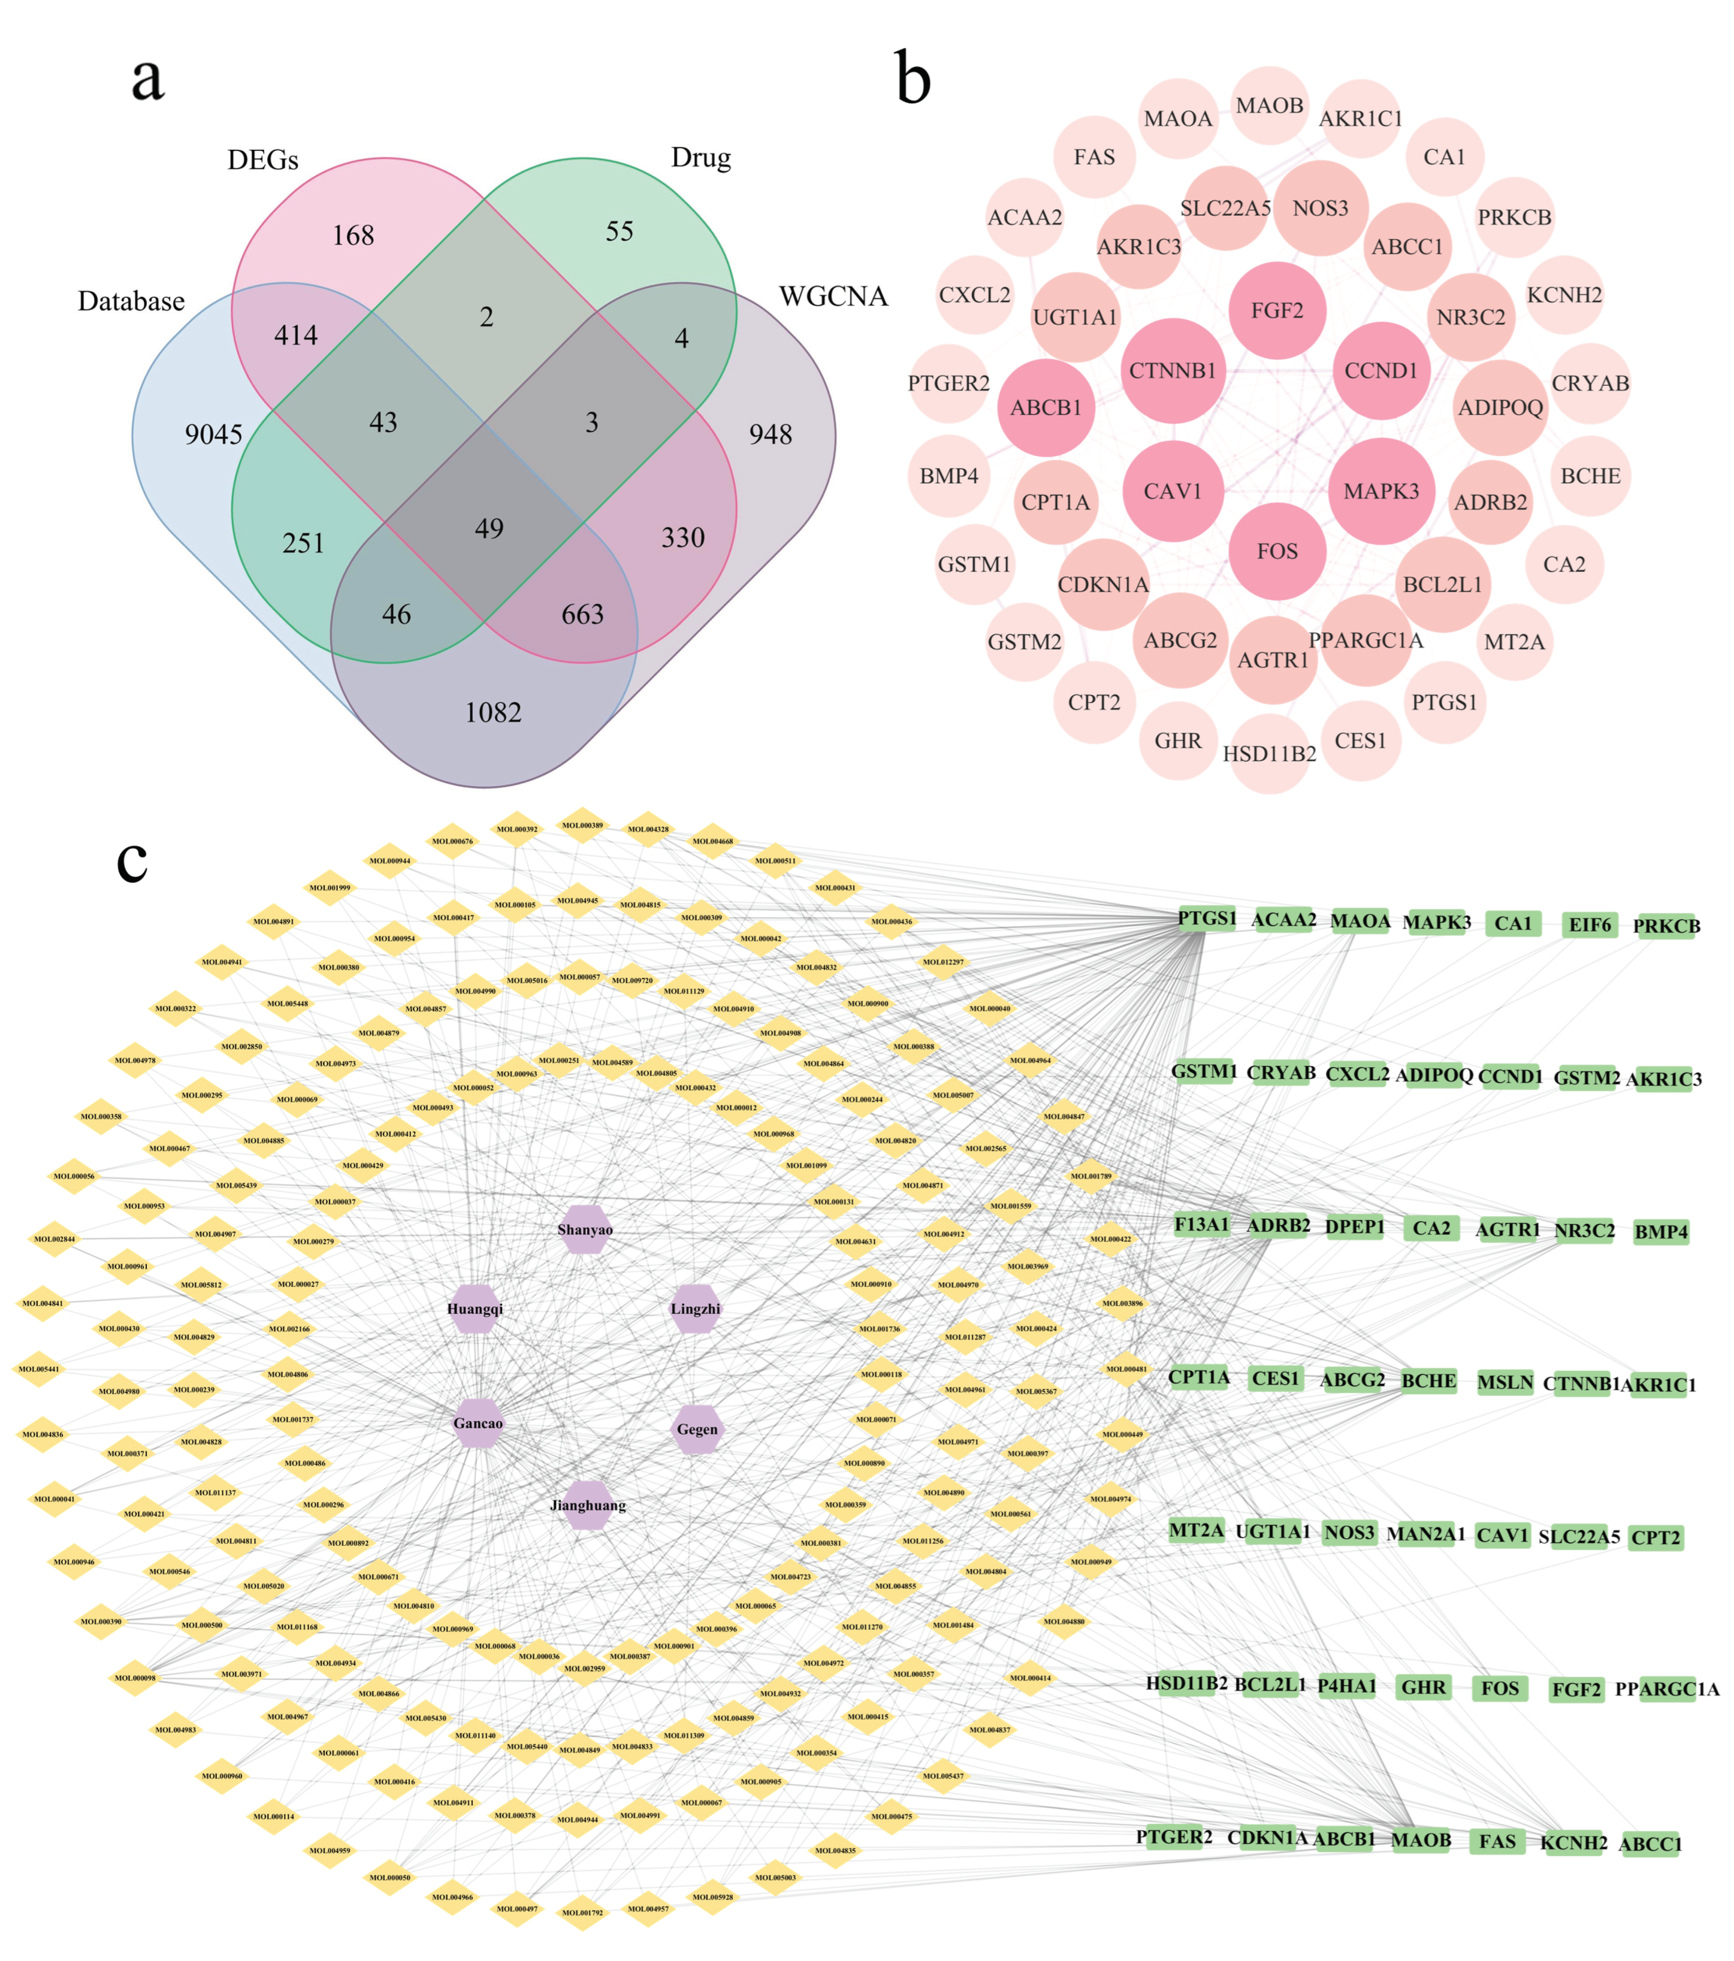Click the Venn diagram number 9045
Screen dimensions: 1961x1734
click(213, 434)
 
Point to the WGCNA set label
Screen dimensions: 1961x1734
click(832, 297)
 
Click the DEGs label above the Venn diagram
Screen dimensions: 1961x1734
click(262, 160)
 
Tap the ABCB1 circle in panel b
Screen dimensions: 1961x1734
click(1046, 408)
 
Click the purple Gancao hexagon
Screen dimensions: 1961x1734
click(478, 1423)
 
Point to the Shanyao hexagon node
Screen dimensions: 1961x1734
click(584, 1229)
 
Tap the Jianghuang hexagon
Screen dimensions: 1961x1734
click(587, 1504)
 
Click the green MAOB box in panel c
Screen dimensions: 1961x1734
click(1420, 1839)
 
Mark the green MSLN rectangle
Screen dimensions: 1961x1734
click(1504, 1382)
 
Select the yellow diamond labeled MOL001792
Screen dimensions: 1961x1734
click(582, 1912)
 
